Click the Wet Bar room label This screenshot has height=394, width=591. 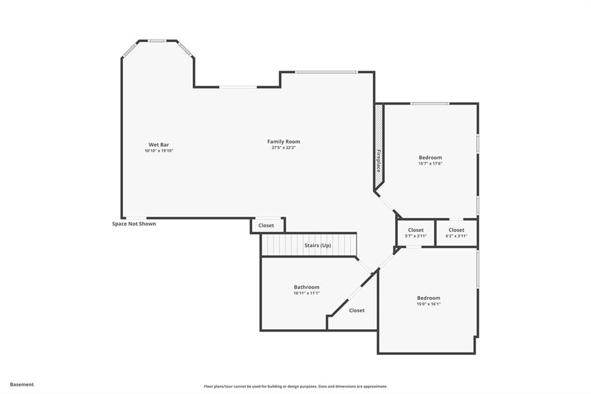159,144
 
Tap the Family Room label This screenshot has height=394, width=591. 283,142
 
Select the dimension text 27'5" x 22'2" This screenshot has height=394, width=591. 283,148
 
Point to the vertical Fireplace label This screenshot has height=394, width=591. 379,161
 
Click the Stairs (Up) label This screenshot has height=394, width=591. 317,246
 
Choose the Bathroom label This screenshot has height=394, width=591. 306,287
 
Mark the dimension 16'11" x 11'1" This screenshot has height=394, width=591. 306,293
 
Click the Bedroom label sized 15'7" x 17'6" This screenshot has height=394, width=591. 430,158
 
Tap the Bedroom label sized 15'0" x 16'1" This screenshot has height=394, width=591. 428,298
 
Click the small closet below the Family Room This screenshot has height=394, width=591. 266,225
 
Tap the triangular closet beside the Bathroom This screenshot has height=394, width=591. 357,310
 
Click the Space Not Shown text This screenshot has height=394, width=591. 134,224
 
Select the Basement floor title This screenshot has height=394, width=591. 22,384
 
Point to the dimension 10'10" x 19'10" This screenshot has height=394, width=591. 159,151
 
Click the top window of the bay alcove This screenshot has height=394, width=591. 156,41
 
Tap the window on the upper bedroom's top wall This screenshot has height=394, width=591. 430,103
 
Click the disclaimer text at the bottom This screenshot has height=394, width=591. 295,386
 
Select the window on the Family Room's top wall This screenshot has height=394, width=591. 327,72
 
